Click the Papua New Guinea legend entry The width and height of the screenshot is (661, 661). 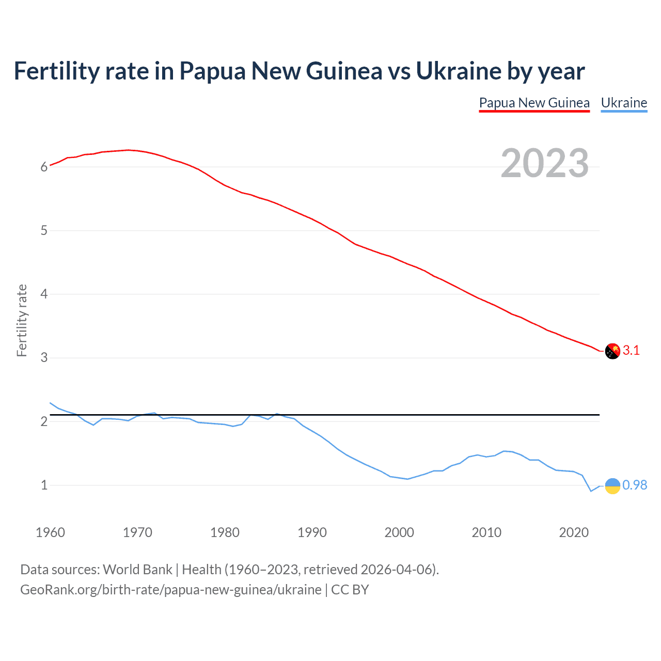click(x=534, y=103)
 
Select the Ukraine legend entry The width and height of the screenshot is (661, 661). click(x=624, y=103)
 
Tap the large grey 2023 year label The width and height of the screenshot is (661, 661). click(x=545, y=163)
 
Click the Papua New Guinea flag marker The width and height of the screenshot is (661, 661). click(x=612, y=351)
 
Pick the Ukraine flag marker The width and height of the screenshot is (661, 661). click(x=612, y=485)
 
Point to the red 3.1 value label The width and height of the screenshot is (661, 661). click(x=631, y=351)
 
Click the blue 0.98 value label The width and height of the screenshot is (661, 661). click(x=635, y=485)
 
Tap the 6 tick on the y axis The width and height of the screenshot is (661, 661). click(x=44, y=167)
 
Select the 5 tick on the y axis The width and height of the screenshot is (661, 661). click(x=44, y=230)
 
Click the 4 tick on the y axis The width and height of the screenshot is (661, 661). click(x=44, y=294)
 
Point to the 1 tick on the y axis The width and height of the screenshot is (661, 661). click(x=44, y=485)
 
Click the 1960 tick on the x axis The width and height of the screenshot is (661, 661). click(x=50, y=532)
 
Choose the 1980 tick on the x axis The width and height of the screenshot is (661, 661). click(x=225, y=532)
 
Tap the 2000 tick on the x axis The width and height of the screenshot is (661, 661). click(x=399, y=532)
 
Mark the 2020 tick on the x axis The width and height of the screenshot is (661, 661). click(x=574, y=532)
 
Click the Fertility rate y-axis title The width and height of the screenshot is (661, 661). click(x=22, y=320)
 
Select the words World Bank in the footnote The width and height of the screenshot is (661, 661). click(x=137, y=570)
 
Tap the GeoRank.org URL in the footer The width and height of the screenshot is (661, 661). click(x=170, y=590)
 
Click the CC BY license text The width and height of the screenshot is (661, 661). click(x=350, y=590)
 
